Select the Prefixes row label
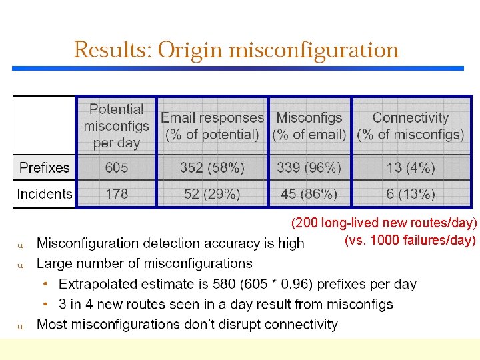pos(44,168)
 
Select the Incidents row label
pos(45,194)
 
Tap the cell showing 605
pos(116,168)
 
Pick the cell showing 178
pos(116,194)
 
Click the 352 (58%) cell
pos(212,168)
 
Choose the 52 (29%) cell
pos(212,194)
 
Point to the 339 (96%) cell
pos(309,168)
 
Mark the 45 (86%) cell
pos(309,194)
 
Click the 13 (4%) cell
pos(411,168)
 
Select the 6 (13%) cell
pos(411,194)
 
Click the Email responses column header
pos(212,126)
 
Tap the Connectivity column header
pos(411,126)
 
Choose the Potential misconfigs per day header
pos(116,125)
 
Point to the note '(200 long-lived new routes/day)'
pos(384,223)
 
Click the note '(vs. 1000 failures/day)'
pos(410,240)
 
